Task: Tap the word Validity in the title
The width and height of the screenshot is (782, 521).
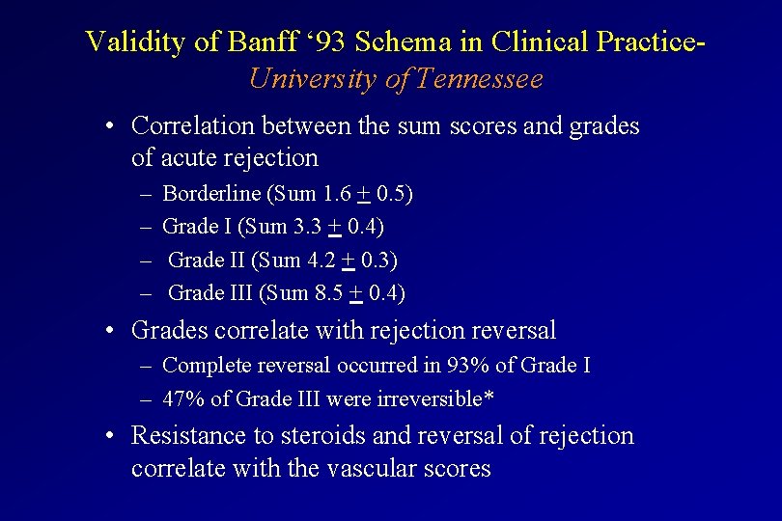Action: coord(122,41)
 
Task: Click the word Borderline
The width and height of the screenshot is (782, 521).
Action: coord(211,194)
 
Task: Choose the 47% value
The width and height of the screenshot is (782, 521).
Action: coord(180,398)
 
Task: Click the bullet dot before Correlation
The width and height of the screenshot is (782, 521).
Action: coord(113,126)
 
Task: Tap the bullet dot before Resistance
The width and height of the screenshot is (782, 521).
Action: coord(113,436)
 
